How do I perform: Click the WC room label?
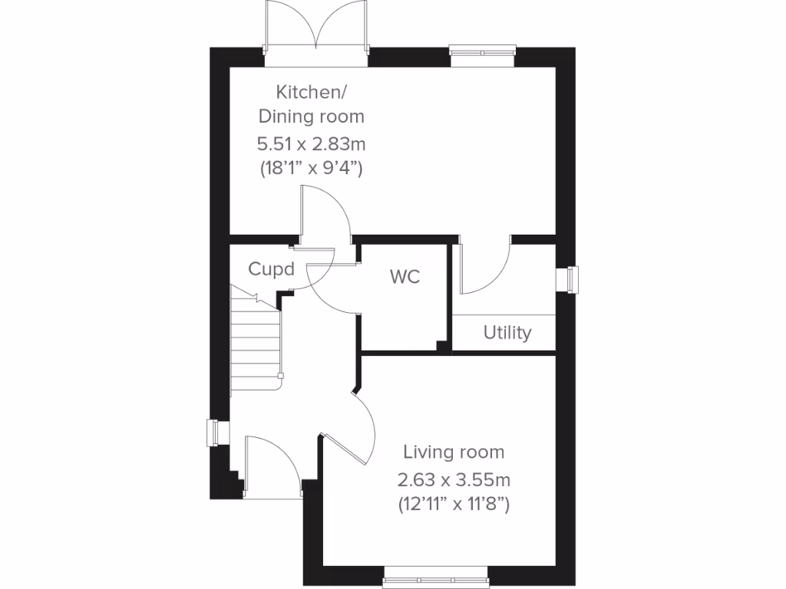(x=405, y=277)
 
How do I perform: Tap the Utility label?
(x=507, y=333)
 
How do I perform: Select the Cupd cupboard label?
(x=271, y=269)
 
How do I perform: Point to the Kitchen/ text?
(x=312, y=93)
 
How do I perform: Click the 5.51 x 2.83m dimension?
(x=311, y=143)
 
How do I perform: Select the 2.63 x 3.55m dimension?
(x=454, y=480)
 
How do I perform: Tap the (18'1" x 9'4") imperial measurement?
(x=311, y=168)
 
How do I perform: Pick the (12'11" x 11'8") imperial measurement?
(x=454, y=505)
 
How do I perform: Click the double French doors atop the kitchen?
(x=316, y=27)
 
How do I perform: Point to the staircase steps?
(x=253, y=337)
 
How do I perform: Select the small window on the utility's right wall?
(x=571, y=279)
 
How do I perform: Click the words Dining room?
(x=311, y=117)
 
